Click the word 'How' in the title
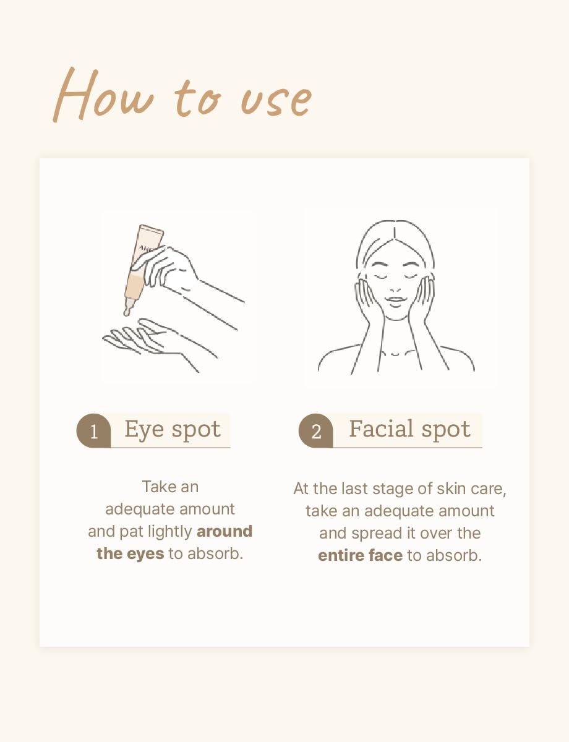click(103, 94)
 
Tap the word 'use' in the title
click(276, 100)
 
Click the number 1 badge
click(93, 430)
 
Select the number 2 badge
click(316, 430)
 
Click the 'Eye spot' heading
click(173, 430)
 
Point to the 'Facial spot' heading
click(409, 430)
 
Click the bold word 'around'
click(225, 531)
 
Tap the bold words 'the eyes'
click(130, 554)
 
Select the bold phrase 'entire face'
click(360, 555)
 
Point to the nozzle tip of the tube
click(126, 313)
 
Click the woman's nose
click(395, 289)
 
